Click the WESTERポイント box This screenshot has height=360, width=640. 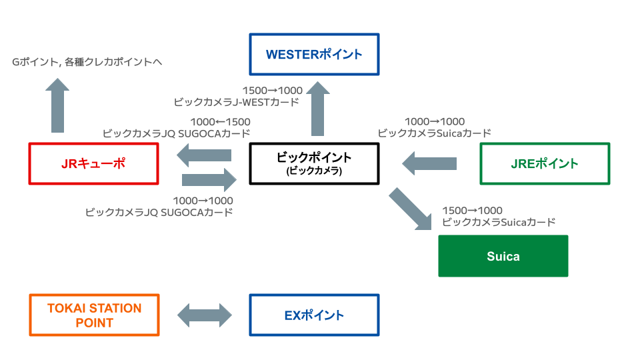coord(313,54)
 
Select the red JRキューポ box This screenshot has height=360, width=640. coord(94,163)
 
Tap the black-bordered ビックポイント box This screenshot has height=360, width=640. coord(313,163)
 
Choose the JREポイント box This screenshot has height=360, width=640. coord(545,163)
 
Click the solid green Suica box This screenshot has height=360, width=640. coord(503,256)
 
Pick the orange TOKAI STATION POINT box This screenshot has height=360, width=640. coord(94,315)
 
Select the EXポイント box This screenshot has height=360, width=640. coord(313,315)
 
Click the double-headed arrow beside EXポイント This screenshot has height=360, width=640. coord(204,315)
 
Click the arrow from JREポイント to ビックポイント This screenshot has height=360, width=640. coord(430,163)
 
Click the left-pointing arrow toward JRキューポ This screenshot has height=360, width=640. coord(204,156)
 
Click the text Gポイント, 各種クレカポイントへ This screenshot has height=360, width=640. coord(87,62)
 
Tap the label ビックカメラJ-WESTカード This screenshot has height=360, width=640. coord(236,102)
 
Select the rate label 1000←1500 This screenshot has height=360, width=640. coord(220,122)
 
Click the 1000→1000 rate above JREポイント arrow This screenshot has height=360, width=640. coord(434,121)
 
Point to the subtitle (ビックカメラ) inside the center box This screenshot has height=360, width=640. coord(313,171)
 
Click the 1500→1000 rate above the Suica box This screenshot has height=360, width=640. coord(472,211)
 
